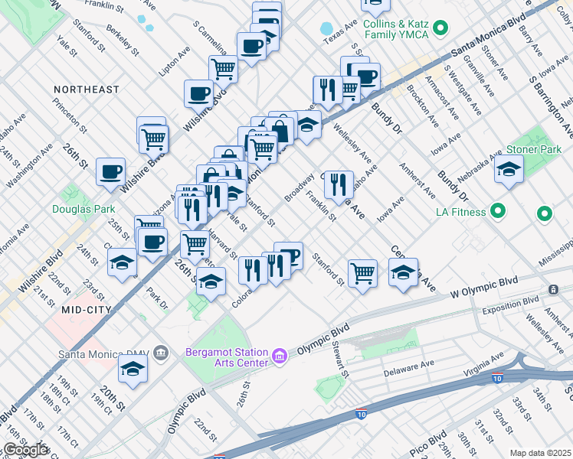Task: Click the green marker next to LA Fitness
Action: click(x=498, y=210)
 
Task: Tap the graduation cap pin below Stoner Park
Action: click(x=509, y=171)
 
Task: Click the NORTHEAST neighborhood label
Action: click(x=86, y=90)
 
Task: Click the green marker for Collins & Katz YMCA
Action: click(x=440, y=29)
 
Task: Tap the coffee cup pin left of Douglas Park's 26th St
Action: click(x=110, y=171)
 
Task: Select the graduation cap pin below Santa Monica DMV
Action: click(x=133, y=369)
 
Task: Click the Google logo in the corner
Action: click(x=26, y=451)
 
